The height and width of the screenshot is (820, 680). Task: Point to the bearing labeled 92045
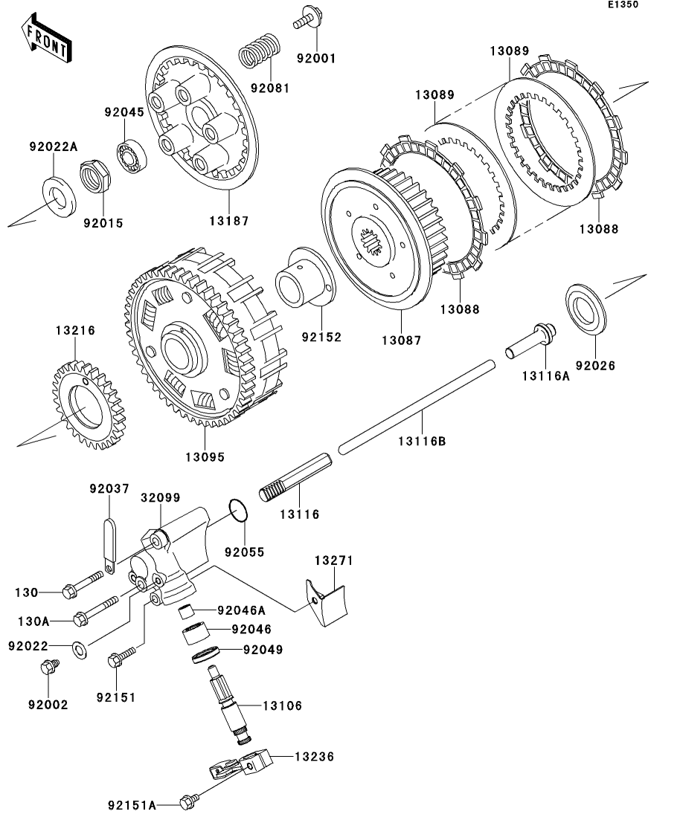(x=135, y=157)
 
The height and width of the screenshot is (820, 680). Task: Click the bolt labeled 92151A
(x=188, y=801)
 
